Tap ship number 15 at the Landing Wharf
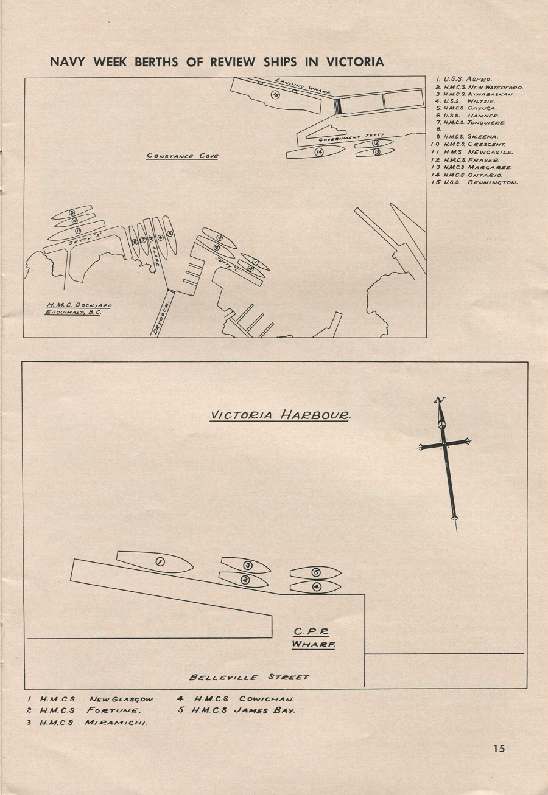[275, 94]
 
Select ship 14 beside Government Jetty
[318, 152]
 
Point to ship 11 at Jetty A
[78, 231]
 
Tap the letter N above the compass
[440, 400]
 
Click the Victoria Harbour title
[279, 416]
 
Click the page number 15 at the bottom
[499, 749]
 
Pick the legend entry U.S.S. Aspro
[464, 79]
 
